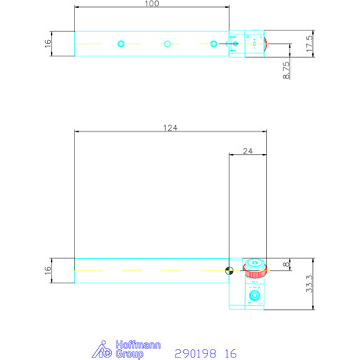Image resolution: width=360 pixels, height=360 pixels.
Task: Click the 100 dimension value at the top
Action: (x=152, y=3)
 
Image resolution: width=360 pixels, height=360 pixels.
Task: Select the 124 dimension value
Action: (x=171, y=128)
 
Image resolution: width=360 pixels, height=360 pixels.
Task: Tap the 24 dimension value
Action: (x=247, y=151)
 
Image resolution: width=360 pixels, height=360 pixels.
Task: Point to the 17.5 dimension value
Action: (x=309, y=43)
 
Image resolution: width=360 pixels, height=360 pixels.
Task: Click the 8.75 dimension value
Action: (x=286, y=70)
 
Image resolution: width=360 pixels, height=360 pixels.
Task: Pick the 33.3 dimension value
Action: (x=309, y=283)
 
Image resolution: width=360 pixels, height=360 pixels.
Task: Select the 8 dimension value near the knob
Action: (x=286, y=265)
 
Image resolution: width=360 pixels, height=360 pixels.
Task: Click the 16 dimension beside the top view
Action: (x=48, y=44)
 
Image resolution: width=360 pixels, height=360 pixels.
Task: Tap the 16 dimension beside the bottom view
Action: (x=48, y=271)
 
